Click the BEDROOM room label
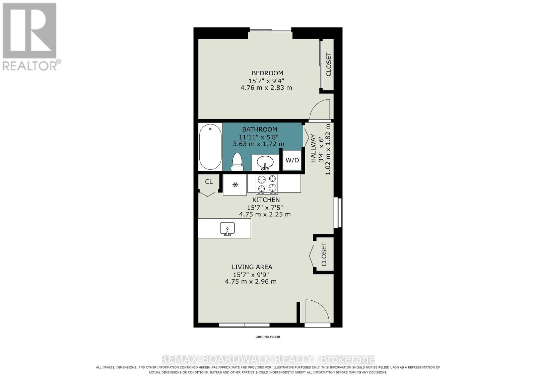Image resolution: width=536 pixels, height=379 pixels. coord(267,73)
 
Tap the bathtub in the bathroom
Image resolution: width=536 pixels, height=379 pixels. coord(210,147)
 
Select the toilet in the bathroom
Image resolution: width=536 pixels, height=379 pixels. coord(237,162)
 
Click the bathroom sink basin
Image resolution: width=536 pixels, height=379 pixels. coord(265,163)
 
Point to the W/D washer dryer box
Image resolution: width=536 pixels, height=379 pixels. coord(292,160)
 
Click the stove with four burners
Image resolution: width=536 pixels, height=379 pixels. coord(267,184)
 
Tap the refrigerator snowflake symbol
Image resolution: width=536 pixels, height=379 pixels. coord(236,184)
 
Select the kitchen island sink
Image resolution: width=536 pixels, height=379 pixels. coord(227,229)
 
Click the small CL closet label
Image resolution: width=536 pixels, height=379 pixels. coord(209,182)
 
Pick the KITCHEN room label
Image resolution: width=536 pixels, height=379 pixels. coord(266,200)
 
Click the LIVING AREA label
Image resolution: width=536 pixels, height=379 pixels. coord(252,267)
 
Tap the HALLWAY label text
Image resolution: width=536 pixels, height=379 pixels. coord(313,149)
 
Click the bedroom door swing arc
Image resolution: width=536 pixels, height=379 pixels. coord(320,109)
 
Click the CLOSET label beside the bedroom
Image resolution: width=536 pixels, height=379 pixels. coord(329,65)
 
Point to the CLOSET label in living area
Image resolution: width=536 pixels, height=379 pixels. coord(324,254)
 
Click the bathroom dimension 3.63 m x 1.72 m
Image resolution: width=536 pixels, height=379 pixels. coord(258,144)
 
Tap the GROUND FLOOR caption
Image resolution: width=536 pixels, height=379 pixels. coord(268,337)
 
